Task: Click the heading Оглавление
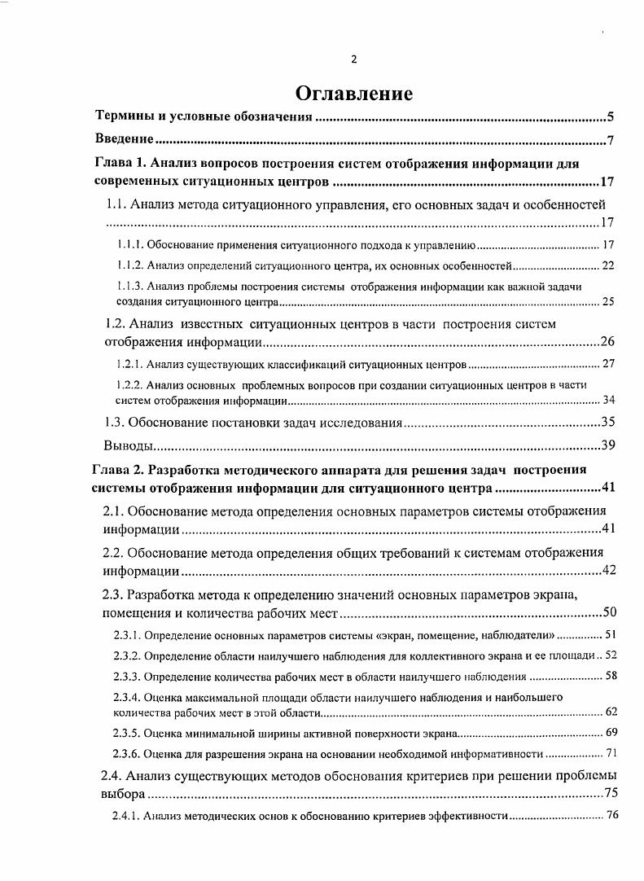point(353,93)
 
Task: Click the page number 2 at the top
point(353,59)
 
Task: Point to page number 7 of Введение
point(610,140)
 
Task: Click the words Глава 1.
point(121,164)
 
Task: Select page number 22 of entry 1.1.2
point(607,266)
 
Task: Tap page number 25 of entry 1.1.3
point(607,302)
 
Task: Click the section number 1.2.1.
point(130,363)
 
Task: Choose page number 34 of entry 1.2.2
point(607,400)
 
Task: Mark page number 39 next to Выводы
point(607,445)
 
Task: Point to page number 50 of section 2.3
point(607,612)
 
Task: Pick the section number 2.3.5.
point(126,733)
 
